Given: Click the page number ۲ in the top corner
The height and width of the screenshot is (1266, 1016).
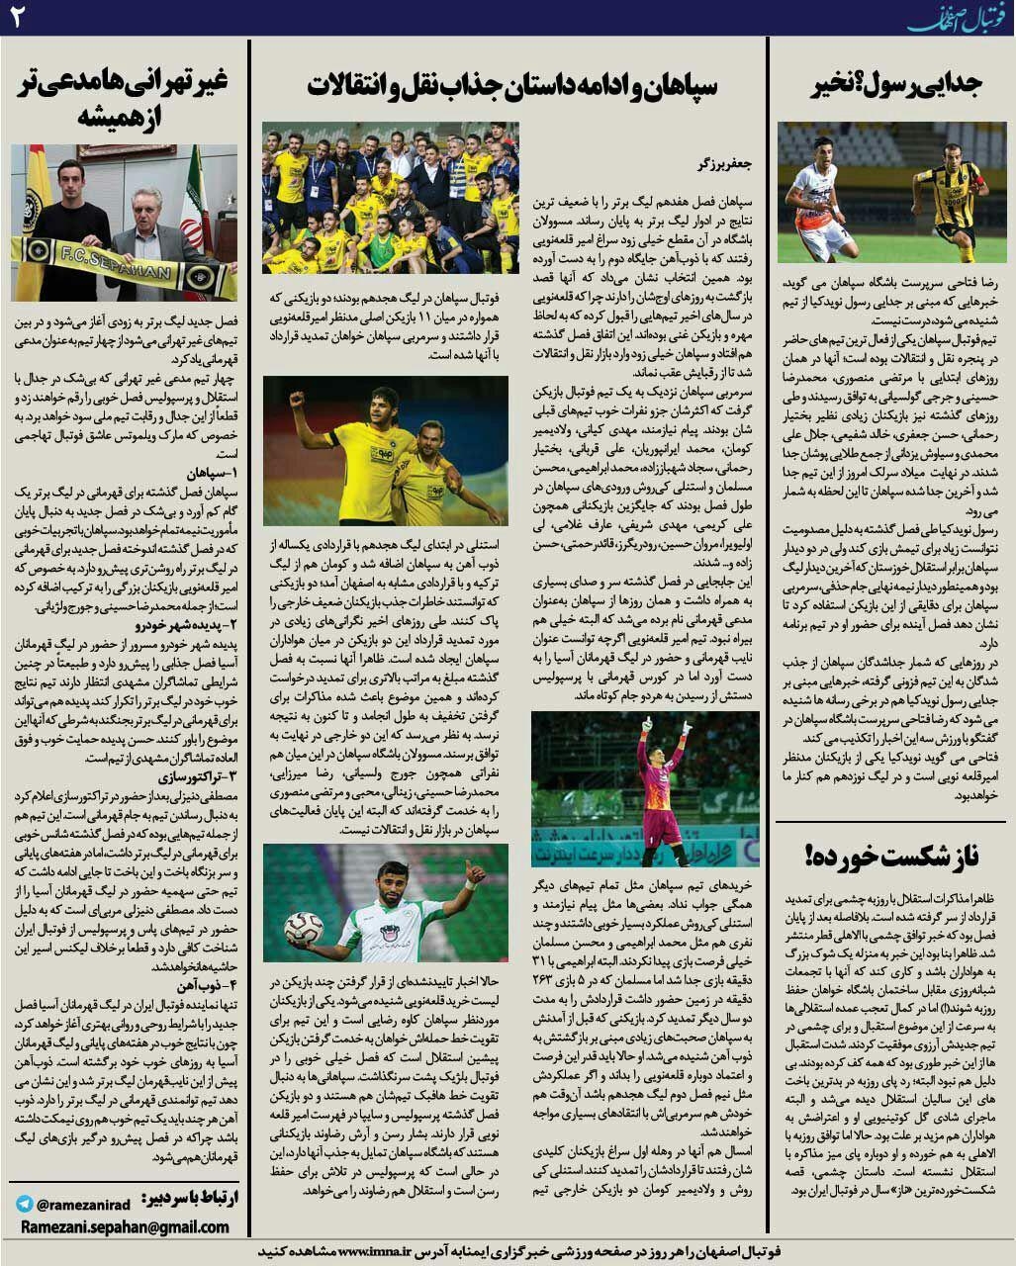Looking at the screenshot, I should pos(17,17).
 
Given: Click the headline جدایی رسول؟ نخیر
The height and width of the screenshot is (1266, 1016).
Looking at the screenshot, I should pos(896,85).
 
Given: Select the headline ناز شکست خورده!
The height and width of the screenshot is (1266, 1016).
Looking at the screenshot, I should pos(893,856).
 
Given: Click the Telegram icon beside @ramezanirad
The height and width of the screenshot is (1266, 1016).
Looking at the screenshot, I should pos(24,1204).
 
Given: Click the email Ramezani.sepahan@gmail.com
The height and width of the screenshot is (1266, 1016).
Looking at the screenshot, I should pos(124,1227).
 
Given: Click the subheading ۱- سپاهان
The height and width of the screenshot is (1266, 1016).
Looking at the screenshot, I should pos(210,473).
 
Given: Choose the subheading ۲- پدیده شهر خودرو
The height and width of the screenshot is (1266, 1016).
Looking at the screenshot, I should pos(184,624).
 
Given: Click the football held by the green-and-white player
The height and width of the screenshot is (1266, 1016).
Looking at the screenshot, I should pos(304,928).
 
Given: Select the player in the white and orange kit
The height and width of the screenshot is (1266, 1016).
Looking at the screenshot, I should pos(820,203).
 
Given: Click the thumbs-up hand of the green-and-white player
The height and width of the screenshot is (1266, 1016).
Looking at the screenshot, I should pos(474,871).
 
